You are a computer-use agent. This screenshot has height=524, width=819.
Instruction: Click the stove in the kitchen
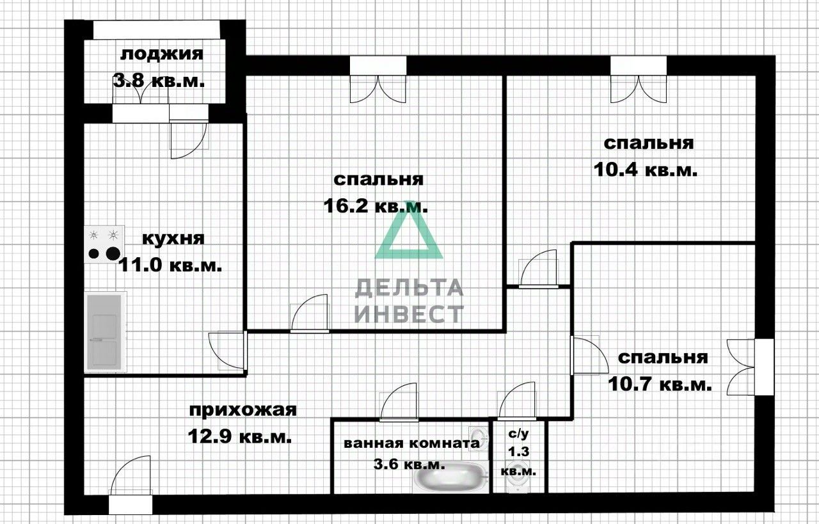105,244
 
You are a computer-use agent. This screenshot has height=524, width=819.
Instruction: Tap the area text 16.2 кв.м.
377,207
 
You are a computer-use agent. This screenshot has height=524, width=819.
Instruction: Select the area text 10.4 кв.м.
644,170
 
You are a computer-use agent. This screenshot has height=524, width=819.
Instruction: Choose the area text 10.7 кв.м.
658,385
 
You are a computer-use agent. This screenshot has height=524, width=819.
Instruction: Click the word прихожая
243,409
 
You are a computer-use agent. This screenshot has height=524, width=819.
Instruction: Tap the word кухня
173,239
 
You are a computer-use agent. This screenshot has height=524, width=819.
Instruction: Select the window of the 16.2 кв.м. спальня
378,66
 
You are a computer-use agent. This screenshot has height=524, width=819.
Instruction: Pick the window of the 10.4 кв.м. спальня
639,66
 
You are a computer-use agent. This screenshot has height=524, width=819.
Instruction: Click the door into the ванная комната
399,404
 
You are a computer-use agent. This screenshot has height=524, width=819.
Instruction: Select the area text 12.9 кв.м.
240,437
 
